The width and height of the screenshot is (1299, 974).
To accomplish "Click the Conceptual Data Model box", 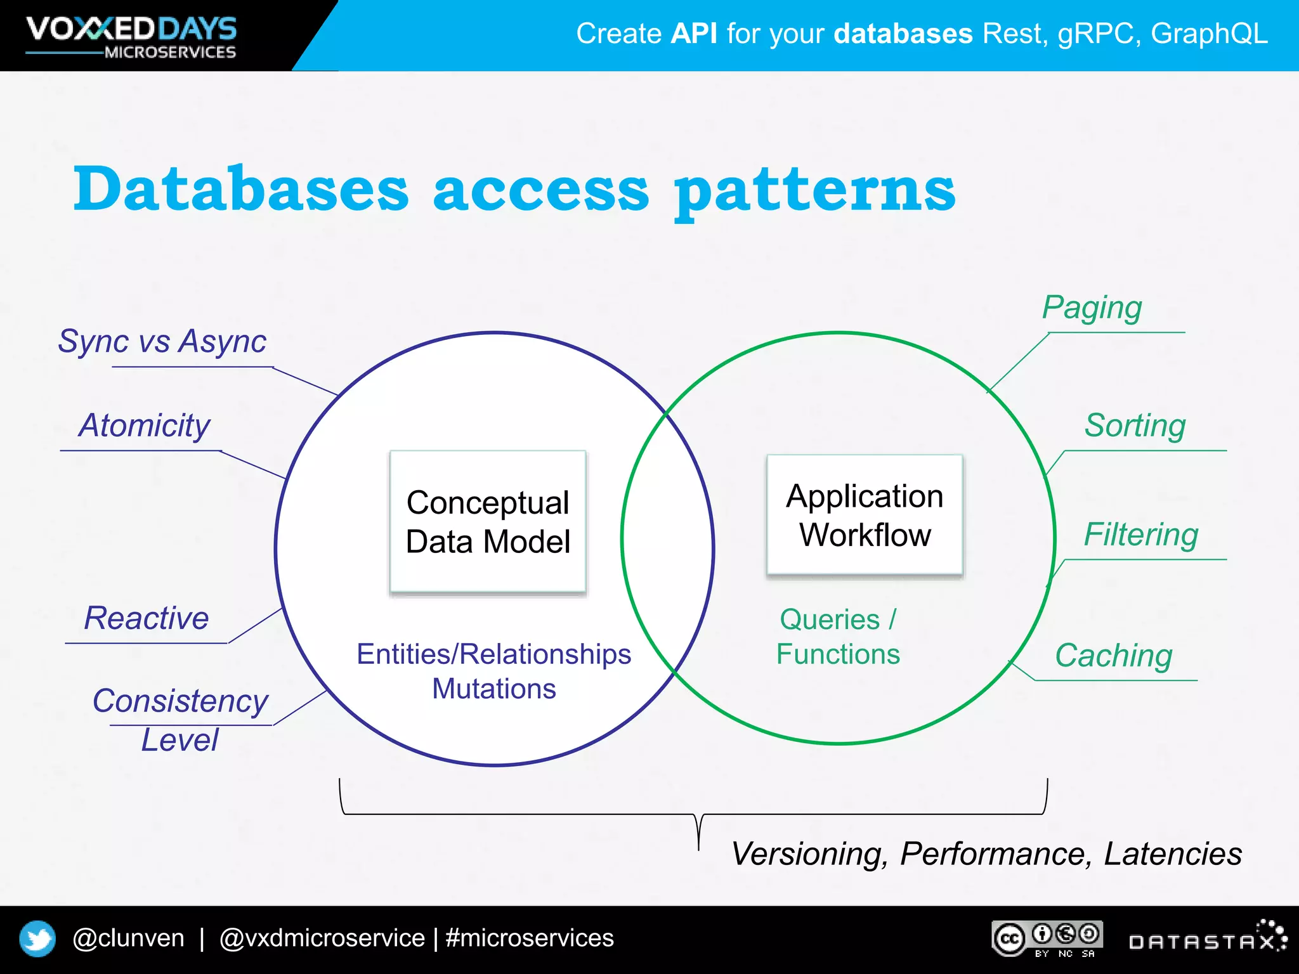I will [x=488, y=522].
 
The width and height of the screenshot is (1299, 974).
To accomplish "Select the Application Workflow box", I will [x=865, y=515].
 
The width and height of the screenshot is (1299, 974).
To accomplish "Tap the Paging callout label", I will [x=1092, y=309].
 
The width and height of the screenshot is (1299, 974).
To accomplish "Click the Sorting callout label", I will [x=1135, y=425].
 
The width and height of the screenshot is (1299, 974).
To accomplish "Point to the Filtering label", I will [x=1141, y=535].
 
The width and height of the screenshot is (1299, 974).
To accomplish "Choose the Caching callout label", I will [x=1113, y=656].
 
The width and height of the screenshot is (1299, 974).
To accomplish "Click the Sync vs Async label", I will [x=162, y=342].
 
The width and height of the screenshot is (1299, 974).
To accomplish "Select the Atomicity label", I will [x=144, y=425].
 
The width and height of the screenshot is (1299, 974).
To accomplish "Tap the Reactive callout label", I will [x=147, y=618].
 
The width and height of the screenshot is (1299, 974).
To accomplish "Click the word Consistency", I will [x=181, y=701].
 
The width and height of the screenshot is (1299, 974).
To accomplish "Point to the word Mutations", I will [x=494, y=689].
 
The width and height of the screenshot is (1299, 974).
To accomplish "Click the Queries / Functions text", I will [x=838, y=637].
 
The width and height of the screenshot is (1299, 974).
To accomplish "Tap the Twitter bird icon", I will [x=37, y=938].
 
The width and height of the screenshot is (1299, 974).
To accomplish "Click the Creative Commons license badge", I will [x=1047, y=938].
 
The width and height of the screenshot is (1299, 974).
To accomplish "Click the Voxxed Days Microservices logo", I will [x=131, y=37].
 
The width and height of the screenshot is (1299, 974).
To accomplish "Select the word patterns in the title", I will [x=814, y=191].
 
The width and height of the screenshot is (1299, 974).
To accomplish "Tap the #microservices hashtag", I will [x=530, y=938].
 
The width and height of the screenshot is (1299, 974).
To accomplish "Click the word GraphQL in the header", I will [x=1209, y=34].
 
